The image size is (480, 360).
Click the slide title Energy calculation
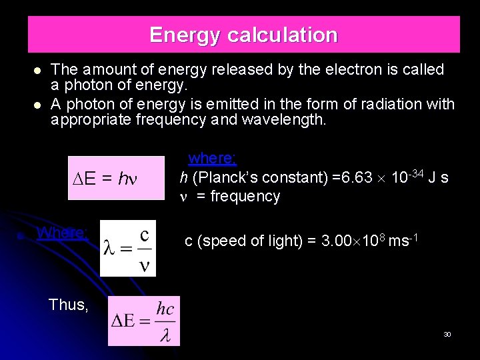coord(243,35)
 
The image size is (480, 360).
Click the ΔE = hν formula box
coord(116,179)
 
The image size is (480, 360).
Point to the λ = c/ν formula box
coord(128,248)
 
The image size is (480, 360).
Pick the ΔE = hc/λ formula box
coord(144,321)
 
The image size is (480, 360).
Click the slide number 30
coord(447,334)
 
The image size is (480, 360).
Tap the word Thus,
coord(69,305)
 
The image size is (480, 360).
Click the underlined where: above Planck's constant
coord(213,158)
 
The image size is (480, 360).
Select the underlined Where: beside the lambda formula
coord(63,233)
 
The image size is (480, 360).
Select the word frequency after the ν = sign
coord(245,196)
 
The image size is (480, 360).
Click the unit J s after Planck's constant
coord(438,177)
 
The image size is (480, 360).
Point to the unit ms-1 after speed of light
coord(404,240)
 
